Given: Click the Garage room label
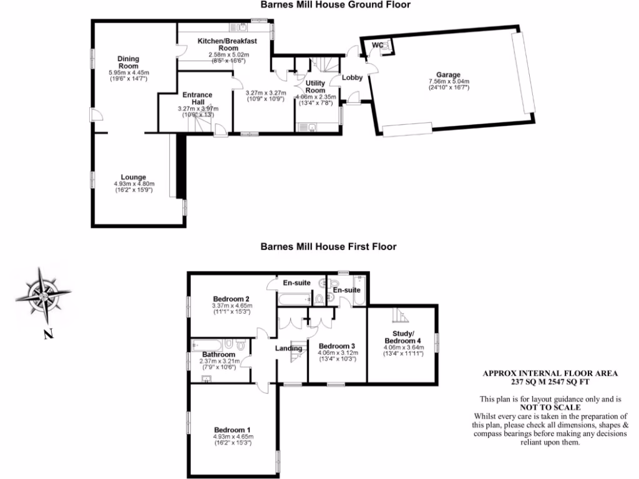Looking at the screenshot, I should (449, 74).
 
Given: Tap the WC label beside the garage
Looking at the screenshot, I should (378, 45).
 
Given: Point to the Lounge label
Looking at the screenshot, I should (134, 177).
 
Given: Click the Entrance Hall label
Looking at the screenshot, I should (197, 99).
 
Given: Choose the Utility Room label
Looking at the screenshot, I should (315, 87).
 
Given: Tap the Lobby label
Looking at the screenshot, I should (352, 78).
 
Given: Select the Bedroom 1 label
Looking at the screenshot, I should (233, 430).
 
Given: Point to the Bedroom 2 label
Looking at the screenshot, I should (231, 298).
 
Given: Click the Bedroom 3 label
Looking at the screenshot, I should (336, 346).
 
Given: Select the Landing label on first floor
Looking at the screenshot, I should (289, 348).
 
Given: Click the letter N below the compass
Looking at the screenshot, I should (47, 334).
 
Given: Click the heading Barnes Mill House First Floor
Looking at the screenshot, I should (328, 247).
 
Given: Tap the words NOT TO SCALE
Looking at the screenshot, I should (550, 407).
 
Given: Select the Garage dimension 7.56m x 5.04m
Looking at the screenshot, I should (449, 82).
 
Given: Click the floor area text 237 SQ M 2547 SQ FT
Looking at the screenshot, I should (550, 381).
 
